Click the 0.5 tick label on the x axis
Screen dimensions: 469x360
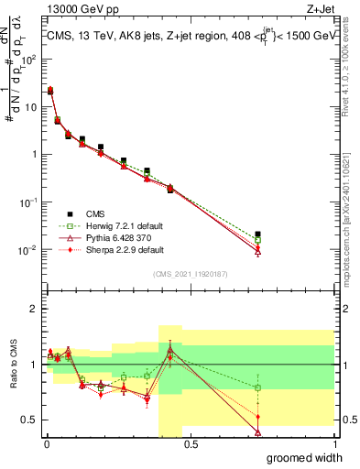click(x=191, y=444)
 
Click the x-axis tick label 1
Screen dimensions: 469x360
click(x=334, y=444)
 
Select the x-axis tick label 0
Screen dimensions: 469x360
click(x=46, y=444)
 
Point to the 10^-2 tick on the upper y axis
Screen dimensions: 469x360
click(x=28, y=250)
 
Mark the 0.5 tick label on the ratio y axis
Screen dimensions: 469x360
click(x=30, y=420)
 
